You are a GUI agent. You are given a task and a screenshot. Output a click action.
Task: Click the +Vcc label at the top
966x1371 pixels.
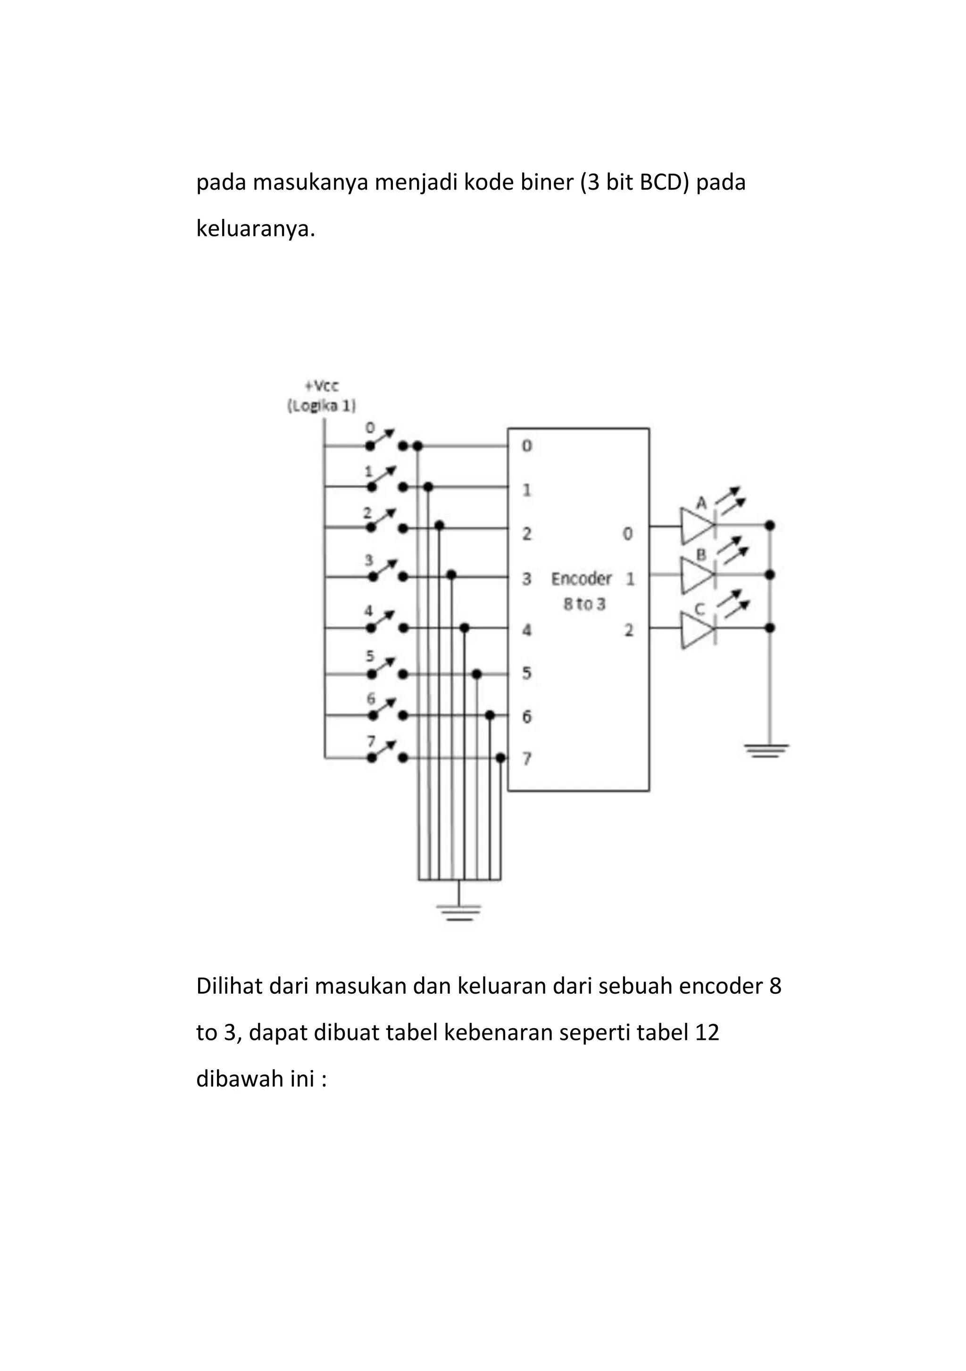(322, 386)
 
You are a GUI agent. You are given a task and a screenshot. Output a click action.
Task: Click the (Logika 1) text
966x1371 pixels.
(321, 406)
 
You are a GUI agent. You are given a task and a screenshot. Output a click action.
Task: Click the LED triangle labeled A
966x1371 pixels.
(697, 525)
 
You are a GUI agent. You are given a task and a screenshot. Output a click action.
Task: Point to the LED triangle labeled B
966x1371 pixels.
(697, 574)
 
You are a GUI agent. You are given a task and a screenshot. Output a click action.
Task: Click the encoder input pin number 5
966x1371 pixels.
(526, 673)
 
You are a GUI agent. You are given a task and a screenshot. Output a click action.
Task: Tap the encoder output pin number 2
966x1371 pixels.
(629, 629)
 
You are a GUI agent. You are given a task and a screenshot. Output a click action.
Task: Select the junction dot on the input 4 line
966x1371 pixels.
(465, 628)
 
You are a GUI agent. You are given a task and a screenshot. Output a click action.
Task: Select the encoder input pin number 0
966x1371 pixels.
(526, 446)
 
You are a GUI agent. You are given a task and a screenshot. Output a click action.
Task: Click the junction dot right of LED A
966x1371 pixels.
(770, 525)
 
